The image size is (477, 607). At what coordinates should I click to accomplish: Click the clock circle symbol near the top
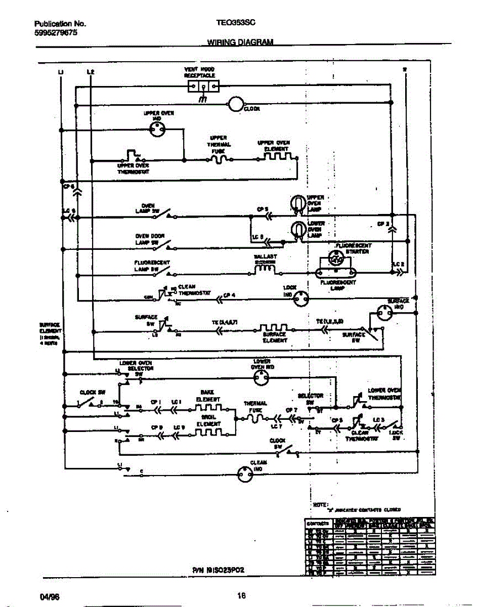235,104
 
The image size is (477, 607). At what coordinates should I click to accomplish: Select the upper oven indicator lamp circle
157,130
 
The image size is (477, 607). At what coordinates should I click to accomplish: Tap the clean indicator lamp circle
245,473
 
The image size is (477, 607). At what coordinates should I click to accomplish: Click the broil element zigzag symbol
209,431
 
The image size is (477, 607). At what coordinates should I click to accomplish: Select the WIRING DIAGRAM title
240,42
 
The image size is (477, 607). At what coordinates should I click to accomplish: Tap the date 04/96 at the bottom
50,596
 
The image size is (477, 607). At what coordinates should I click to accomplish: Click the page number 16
241,595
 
